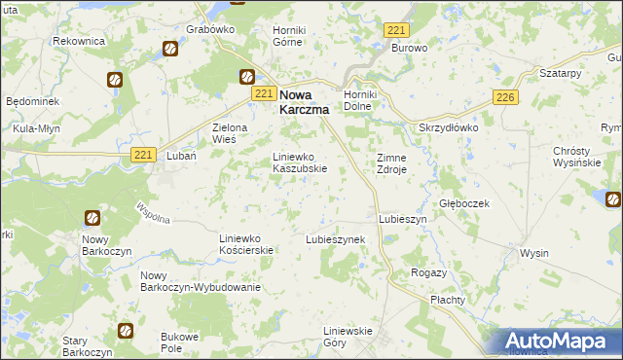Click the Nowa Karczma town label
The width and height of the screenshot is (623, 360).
coord(304,102)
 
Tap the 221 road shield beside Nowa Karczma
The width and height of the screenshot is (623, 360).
coord(263,93)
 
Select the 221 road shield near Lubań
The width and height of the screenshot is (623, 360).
coord(143,155)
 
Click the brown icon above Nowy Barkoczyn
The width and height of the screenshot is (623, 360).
coord(92,219)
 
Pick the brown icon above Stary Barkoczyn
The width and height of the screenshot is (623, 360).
coord(125,332)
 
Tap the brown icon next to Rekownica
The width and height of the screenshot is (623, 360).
coord(169,47)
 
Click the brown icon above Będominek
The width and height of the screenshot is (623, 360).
coord(115,80)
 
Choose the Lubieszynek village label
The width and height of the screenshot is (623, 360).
coord(335,238)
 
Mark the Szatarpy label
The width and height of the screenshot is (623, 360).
coord(560,74)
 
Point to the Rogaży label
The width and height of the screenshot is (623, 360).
coord(429,273)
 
